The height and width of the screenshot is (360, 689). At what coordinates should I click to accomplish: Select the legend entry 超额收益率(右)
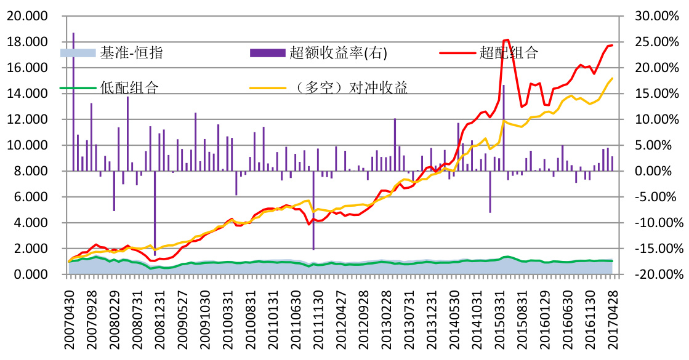click(338, 53)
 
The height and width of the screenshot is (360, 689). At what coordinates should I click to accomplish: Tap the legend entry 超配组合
click(508, 53)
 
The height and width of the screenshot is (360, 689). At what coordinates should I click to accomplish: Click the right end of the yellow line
click(612, 78)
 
